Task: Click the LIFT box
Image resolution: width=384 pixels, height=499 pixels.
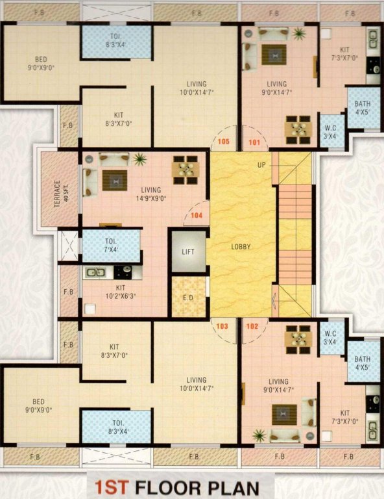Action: coord(188,251)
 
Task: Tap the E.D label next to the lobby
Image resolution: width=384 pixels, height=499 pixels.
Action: coord(188,298)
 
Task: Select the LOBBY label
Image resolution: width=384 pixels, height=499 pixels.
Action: coord(241,247)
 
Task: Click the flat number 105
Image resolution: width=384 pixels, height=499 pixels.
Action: coord(224,141)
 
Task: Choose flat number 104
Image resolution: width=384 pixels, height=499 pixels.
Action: coord(197,214)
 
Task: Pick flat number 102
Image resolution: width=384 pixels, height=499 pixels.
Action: coord(253,327)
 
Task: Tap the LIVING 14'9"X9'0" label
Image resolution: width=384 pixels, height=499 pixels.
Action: coord(150,194)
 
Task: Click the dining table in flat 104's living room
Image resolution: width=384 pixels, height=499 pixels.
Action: coord(184,168)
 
